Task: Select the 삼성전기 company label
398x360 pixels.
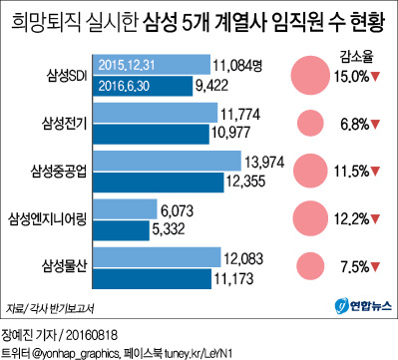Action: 39,125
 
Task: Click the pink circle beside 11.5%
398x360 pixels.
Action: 308,171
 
